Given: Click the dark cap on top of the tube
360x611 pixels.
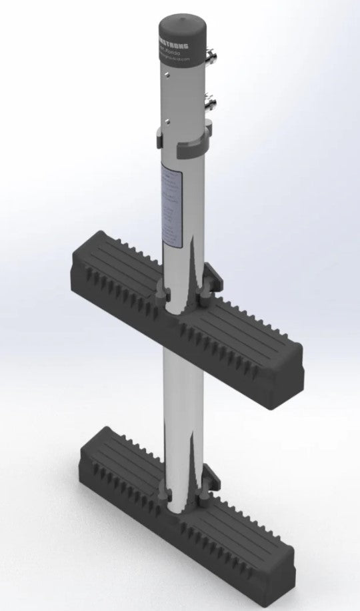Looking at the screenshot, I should (183, 30).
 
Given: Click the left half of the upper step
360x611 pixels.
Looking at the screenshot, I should (113, 273).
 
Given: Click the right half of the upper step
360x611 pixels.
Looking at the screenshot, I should (247, 340).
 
